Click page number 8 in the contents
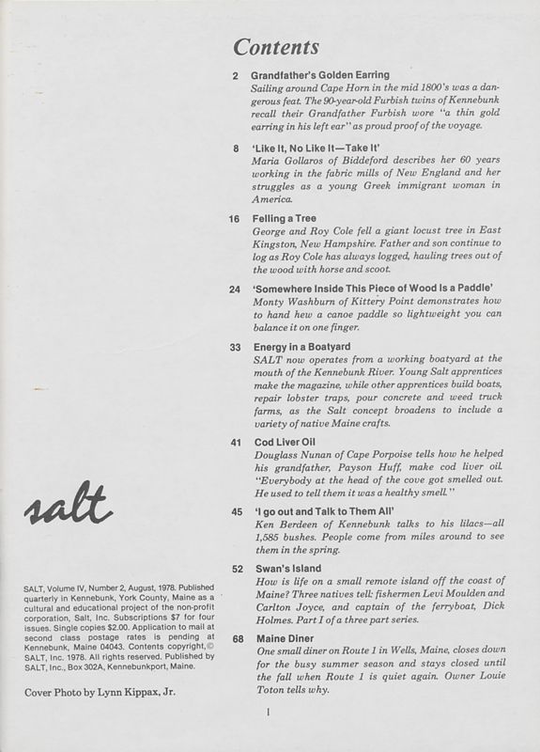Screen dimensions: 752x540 (236, 148)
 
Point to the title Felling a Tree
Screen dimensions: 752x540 (285, 218)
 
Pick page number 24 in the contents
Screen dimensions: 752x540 (235, 289)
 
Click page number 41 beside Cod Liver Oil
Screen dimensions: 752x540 (236, 442)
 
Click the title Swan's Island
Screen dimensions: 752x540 (287, 569)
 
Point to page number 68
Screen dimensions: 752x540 (237, 638)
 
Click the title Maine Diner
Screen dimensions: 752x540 (285, 638)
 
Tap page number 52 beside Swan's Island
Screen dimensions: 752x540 (236, 569)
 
